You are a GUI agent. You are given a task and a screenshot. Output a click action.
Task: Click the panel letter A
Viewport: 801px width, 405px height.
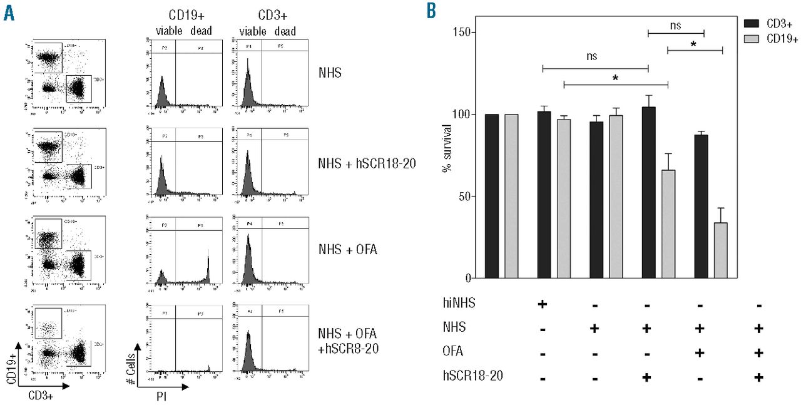coord(9,13)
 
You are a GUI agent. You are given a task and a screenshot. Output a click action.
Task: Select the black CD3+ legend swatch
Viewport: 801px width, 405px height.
coord(751,23)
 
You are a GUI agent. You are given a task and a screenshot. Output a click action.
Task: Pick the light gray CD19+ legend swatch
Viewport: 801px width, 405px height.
coord(751,39)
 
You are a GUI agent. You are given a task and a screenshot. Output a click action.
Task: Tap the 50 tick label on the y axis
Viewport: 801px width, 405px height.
coord(463,197)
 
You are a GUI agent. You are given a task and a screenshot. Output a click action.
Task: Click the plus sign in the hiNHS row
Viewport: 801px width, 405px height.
coord(543,304)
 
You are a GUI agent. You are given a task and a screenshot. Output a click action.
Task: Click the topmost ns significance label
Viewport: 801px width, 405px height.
coord(675,26)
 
